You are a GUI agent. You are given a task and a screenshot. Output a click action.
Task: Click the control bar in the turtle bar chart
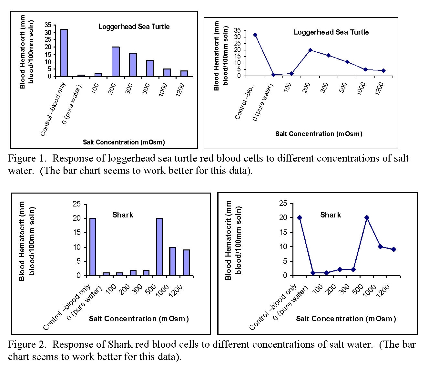[64, 53]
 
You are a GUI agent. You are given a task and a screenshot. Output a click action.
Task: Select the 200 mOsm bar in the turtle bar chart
[115, 61]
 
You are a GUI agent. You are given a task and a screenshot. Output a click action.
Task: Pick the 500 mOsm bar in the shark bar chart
[159, 247]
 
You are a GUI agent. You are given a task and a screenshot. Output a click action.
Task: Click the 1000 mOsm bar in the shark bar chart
[173, 261]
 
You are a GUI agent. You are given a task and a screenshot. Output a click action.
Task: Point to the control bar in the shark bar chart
[93, 247]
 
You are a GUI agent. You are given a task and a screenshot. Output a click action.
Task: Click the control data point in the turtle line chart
[255, 35]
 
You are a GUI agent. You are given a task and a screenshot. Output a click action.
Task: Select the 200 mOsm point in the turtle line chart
[310, 50]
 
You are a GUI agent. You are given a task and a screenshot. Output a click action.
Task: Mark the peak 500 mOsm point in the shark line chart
[367, 217]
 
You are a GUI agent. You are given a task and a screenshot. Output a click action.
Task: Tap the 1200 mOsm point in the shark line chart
[394, 249]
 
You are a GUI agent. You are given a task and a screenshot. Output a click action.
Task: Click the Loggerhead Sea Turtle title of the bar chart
[134, 27]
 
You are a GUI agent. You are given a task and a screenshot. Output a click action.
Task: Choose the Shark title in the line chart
[331, 215]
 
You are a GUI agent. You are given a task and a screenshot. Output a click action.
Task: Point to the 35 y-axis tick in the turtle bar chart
[48, 25]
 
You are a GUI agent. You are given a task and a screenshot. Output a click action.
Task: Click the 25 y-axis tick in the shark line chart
[283, 204]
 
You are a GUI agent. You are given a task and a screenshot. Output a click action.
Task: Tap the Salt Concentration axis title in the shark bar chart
[139, 319]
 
